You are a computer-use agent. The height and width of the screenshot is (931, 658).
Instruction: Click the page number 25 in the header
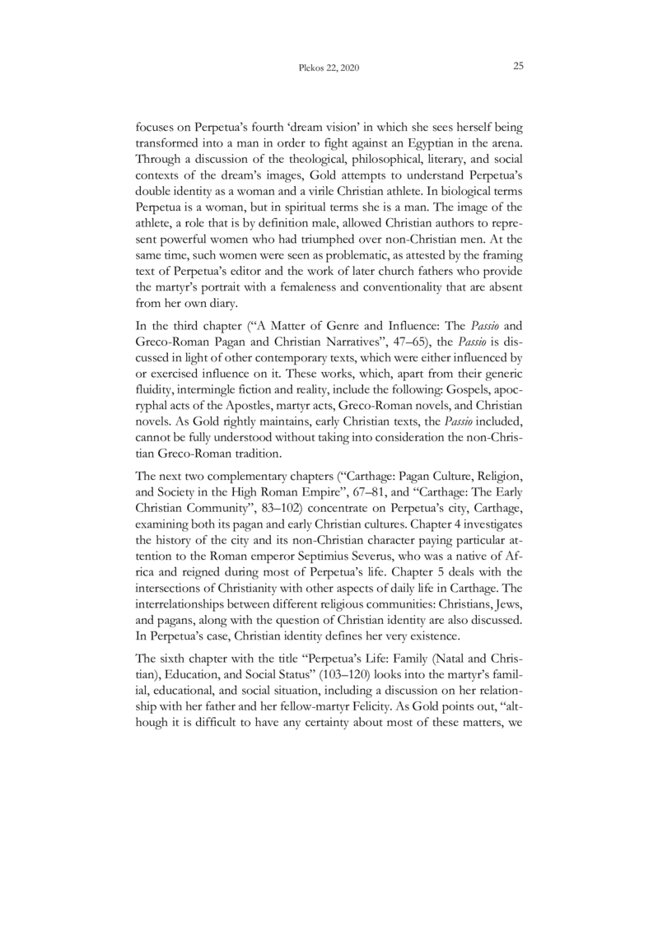click(519, 66)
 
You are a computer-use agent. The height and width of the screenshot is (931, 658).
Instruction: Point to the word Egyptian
click(422, 145)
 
